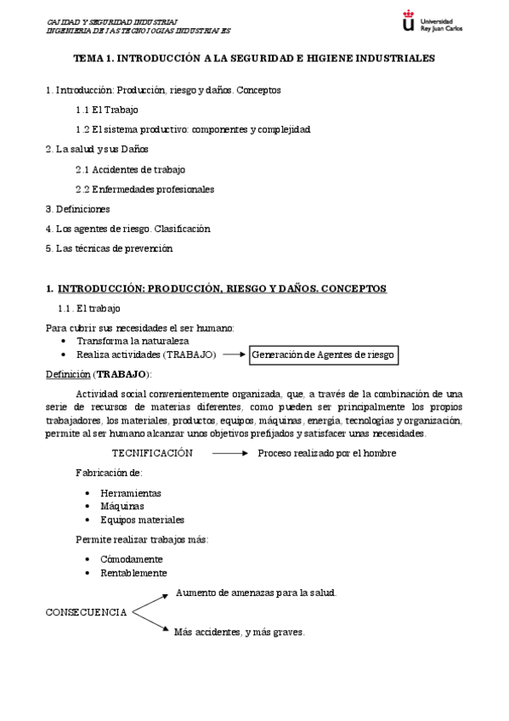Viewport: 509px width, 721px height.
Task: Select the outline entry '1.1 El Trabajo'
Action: (x=106, y=110)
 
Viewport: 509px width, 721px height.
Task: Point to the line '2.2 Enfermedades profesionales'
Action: (x=144, y=189)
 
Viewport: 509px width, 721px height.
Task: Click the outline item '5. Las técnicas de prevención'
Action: (x=109, y=248)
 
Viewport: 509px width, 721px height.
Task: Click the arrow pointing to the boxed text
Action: (x=234, y=354)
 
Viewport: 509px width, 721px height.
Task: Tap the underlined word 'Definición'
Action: (x=66, y=374)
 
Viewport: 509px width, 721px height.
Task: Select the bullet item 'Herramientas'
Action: (x=131, y=492)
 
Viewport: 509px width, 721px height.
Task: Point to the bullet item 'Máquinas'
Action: (x=122, y=506)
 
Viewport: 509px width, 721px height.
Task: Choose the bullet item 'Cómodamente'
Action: (x=132, y=559)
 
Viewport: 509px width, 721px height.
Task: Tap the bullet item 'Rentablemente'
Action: (x=133, y=572)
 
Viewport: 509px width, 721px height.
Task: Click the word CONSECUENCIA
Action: (x=87, y=612)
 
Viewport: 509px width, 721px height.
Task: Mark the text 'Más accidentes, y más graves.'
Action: (x=240, y=633)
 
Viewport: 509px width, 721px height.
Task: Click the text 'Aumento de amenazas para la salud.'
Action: (x=257, y=593)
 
